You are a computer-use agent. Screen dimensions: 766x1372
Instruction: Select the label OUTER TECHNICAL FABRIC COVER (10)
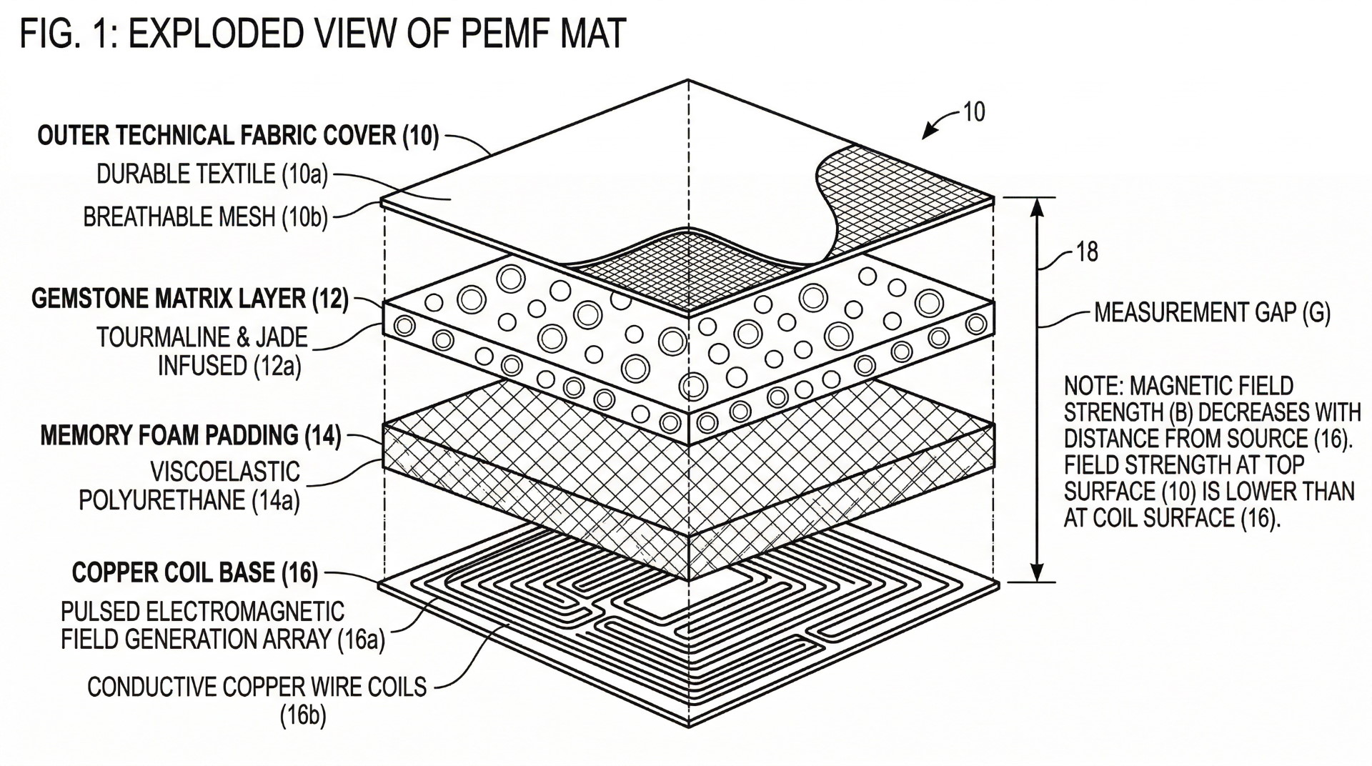(238, 136)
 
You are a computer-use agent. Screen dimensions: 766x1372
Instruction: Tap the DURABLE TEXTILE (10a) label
(212, 174)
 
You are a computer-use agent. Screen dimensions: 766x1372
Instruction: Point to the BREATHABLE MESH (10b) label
(205, 217)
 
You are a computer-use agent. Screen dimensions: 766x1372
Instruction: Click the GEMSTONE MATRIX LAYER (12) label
(190, 299)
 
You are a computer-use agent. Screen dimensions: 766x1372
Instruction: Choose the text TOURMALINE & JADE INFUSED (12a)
(202, 351)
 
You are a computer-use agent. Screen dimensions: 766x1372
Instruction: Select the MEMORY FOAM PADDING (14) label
(191, 435)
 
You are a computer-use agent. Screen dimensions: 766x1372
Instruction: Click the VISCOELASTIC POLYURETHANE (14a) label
(190, 486)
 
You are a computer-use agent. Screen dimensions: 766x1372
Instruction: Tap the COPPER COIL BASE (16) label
(195, 572)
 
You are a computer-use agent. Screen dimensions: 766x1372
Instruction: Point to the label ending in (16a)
(222, 626)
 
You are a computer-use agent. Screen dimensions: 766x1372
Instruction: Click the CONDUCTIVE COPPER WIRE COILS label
(257, 687)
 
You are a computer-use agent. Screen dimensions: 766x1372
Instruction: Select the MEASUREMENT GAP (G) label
(1212, 313)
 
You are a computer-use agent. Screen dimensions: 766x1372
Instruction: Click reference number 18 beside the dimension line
(1086, 252)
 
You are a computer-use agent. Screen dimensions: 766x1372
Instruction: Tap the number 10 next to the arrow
(973, 111)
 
